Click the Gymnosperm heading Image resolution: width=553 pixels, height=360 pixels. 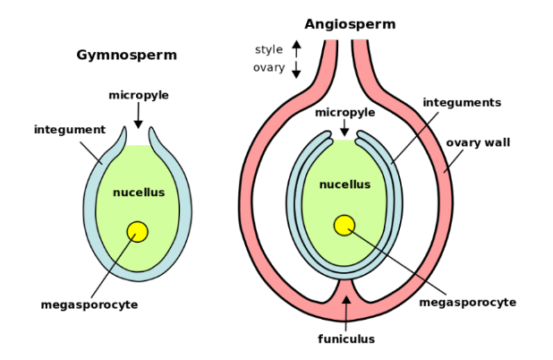[126, 56]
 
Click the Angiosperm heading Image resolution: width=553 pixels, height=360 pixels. [350, 24]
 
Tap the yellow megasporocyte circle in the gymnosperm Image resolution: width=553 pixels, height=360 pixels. [137, 232]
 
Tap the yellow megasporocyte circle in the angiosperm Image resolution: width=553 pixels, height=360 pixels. [345, 226]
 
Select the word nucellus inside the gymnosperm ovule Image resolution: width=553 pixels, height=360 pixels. [139, 193]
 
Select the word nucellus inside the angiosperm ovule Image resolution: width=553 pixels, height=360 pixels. [345, 184]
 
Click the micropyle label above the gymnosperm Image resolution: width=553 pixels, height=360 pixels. [139, 95]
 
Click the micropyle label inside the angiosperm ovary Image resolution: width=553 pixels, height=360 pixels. [345, 112]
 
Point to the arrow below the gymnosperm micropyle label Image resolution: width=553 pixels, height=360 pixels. [138, 117]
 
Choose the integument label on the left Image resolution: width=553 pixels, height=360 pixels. [70, 130]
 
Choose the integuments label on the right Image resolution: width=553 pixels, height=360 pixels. [462, 103]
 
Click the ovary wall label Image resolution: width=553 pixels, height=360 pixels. [478, 142]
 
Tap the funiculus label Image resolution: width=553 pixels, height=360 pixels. [346, 339]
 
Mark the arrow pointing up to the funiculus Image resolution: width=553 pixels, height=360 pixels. [346, 309]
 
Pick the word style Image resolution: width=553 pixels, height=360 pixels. [268, 49]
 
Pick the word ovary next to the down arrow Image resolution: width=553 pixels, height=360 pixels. [268, 67]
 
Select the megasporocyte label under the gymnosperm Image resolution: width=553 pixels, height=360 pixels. [89, 304]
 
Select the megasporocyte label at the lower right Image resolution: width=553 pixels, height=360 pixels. [468, 302]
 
